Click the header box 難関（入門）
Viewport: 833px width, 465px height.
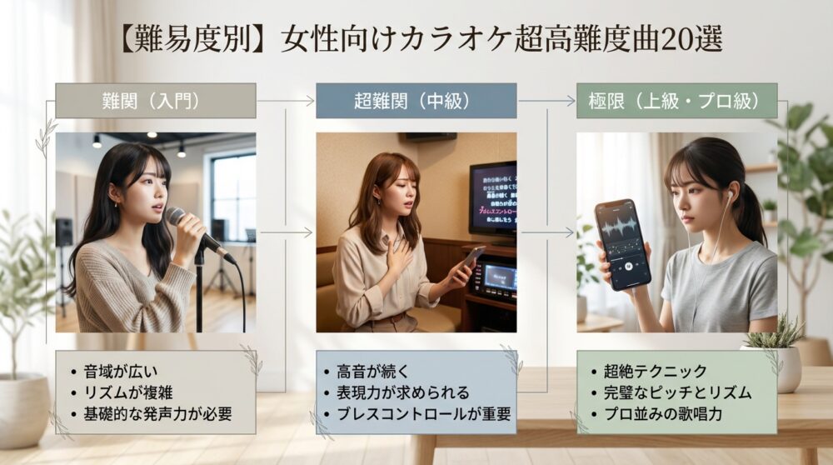point(155,101)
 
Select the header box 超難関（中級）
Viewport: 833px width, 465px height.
point(416,101)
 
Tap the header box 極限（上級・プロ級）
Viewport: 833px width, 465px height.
point(676,101)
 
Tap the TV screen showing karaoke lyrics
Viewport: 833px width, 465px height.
point(493,197)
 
